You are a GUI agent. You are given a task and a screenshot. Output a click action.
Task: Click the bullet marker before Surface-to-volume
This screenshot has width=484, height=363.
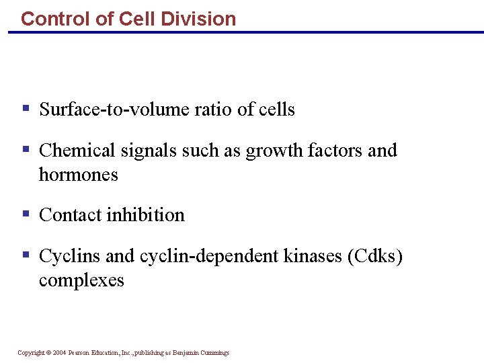(26, 108)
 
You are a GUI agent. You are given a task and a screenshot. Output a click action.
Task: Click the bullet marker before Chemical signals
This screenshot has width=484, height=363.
(26, 149)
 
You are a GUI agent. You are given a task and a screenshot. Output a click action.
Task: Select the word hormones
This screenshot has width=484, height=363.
(79, 175)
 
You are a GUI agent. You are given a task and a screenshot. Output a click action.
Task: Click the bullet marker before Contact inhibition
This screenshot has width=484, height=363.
(26, 213)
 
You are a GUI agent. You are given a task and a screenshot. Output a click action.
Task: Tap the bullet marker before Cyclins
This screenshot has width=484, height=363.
(26, 254)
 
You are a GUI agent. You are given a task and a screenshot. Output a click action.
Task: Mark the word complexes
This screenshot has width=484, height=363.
(81, 280)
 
